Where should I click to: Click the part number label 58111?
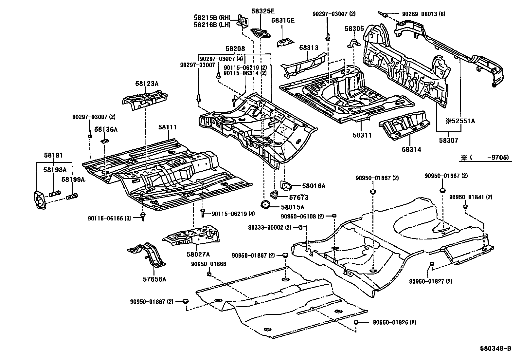[168, 127]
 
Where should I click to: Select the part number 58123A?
[147, 84]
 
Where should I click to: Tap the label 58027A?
[198, 254]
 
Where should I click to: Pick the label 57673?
[298, 198]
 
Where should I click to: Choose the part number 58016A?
[314, 186]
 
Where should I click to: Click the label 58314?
[411, 149]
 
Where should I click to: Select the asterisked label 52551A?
[459, 121]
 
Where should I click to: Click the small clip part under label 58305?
[354, 43]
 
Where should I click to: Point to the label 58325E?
[263, 11]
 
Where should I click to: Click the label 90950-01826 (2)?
[394, 322]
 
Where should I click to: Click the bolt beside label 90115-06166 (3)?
[143, 216]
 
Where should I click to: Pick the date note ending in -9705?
[486, 158]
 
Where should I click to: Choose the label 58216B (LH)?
[212, 25]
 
